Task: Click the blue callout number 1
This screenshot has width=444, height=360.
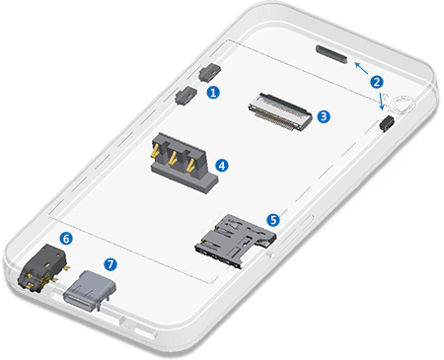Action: tap(213, 93)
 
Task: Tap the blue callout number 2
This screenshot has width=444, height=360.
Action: tap(377, 82)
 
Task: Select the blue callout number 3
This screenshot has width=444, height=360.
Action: tap(324, 116)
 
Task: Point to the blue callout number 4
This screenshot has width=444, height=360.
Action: tap(222, 166)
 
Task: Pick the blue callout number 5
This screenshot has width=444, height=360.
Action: tap(273, 220)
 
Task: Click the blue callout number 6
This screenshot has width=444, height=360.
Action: tap(66, 239)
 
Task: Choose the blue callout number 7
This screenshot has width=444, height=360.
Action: tap(111, 264)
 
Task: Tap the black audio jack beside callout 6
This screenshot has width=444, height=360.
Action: tap(42, 269)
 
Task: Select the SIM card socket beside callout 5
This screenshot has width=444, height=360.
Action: tap(236, 241)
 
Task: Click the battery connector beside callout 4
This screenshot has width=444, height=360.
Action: tap(184, 163)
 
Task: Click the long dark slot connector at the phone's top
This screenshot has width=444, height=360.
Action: tap(332, 54)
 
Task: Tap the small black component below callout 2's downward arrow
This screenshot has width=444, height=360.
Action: tap(387, 123)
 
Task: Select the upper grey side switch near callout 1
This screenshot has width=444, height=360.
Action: tap(210, 72)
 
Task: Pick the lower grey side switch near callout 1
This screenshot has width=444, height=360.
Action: tap(186, 96)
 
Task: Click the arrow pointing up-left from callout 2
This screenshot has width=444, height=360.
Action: tap(361, 68)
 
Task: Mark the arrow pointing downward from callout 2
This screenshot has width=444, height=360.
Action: tap(381, 102)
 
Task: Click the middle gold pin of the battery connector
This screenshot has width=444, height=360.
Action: tap(172, 158)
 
